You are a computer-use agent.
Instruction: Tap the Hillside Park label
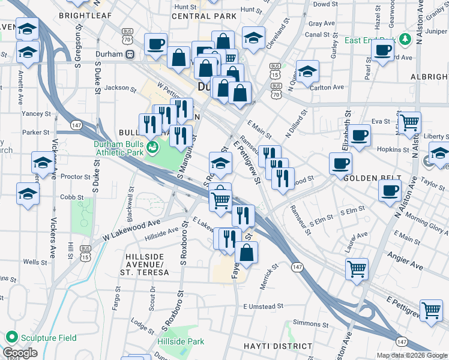click(186, 341)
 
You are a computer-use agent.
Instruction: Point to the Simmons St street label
click(310, 323)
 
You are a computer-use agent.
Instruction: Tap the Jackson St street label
click(121, 88)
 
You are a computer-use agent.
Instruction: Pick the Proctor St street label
click(75, 177)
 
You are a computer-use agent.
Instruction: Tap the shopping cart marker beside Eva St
click(409, 122)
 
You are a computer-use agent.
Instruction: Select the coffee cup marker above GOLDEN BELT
click(340, 162)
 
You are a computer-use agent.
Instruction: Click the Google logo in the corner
click(20, 353)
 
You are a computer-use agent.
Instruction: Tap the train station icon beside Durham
click(129, 54)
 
